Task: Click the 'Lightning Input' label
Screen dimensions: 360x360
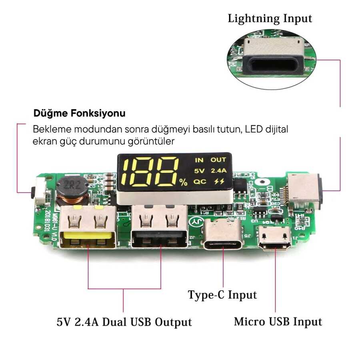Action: click(x=270, y=18)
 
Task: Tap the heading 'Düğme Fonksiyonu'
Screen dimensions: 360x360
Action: click(x=79, y=113)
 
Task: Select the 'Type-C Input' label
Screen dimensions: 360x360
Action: click(x=222, y=295)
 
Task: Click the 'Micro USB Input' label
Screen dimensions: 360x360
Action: click(x=278, y=322)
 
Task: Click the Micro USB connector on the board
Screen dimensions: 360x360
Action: click(x=276, y=238)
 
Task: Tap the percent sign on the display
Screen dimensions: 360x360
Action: click(x=183, y=183)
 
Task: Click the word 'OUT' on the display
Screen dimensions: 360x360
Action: click(x=218, y=160)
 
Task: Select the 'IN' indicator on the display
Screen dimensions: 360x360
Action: click(x=199, y=160)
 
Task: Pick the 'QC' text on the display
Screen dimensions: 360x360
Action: click(x=199, y=181)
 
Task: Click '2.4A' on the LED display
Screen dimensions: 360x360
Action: click(x=218, y=170)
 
